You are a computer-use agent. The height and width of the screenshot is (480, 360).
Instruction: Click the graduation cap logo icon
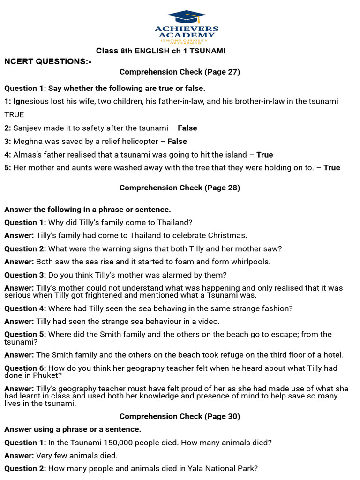(x=187, y=17)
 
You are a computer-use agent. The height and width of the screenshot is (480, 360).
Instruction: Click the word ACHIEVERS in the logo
(x=187, y=29)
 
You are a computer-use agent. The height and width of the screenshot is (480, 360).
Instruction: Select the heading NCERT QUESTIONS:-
(x=48, y=61)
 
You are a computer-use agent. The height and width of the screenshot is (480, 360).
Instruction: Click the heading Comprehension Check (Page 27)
(x=180, y=72)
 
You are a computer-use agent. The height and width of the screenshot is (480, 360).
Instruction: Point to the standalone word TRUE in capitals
(x=14, y=114)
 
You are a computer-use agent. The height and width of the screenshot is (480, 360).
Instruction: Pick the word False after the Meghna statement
(x=177, y=141)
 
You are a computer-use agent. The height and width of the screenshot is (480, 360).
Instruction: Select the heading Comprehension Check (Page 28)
(x=180, y=187)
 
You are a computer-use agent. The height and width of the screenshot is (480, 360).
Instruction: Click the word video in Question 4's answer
(x=209, y=321)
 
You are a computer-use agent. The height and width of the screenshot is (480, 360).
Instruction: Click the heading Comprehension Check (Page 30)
(x=180, y=416)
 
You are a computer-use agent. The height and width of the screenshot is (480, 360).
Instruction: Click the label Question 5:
(x=25, y=334)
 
